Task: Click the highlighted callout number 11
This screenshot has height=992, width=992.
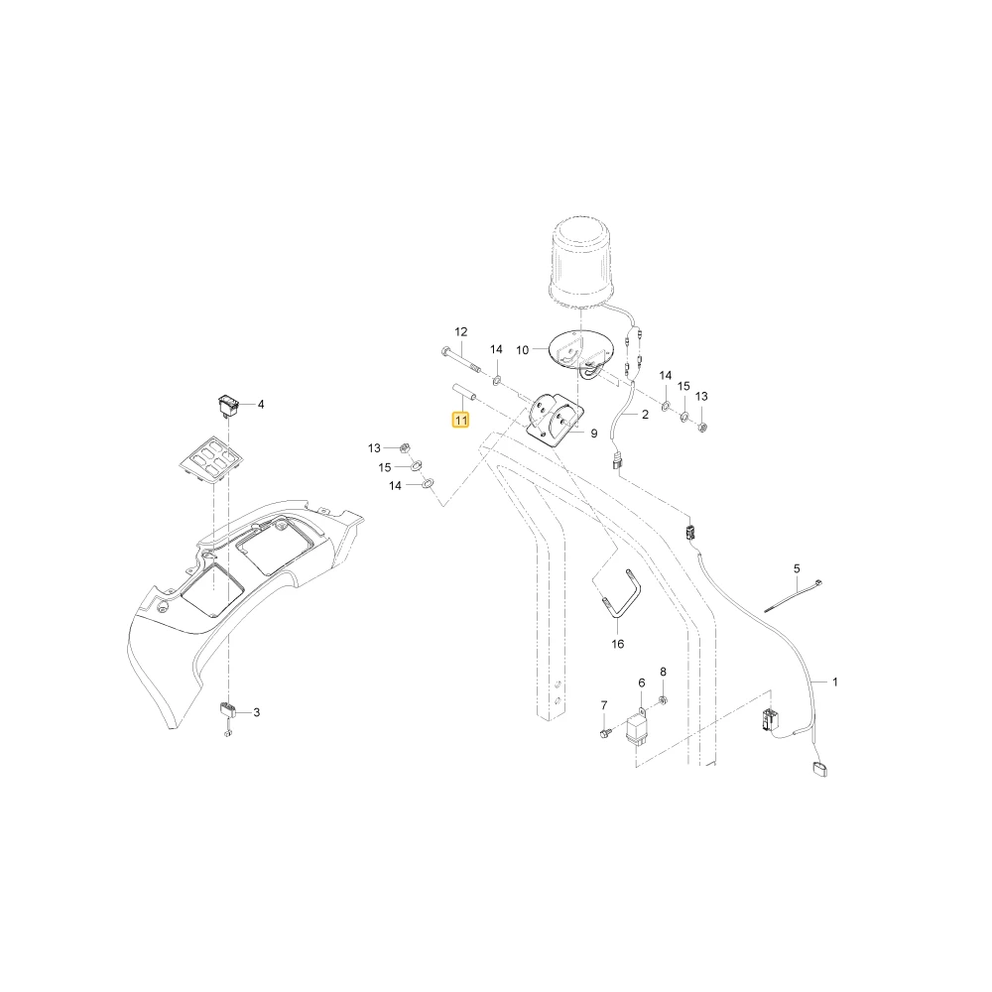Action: tap(460, 420)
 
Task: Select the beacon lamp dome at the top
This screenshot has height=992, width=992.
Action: tap(580, 265)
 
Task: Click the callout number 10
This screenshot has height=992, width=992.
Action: tap(522, 350)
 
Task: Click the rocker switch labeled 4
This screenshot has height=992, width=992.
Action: tap(226, 406)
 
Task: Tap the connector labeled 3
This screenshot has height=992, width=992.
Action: tap(227, 710)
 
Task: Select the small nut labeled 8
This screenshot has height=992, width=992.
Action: tap(663, 699)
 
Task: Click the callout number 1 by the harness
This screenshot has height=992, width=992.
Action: tap(835, 682)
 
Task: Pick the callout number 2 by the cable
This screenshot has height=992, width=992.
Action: tap(645, 415)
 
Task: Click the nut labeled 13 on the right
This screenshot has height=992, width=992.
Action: tap(701, 427)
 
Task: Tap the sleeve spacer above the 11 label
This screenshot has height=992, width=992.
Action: tap(464, 393)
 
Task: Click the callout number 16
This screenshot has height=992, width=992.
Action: tap(617, 644)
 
